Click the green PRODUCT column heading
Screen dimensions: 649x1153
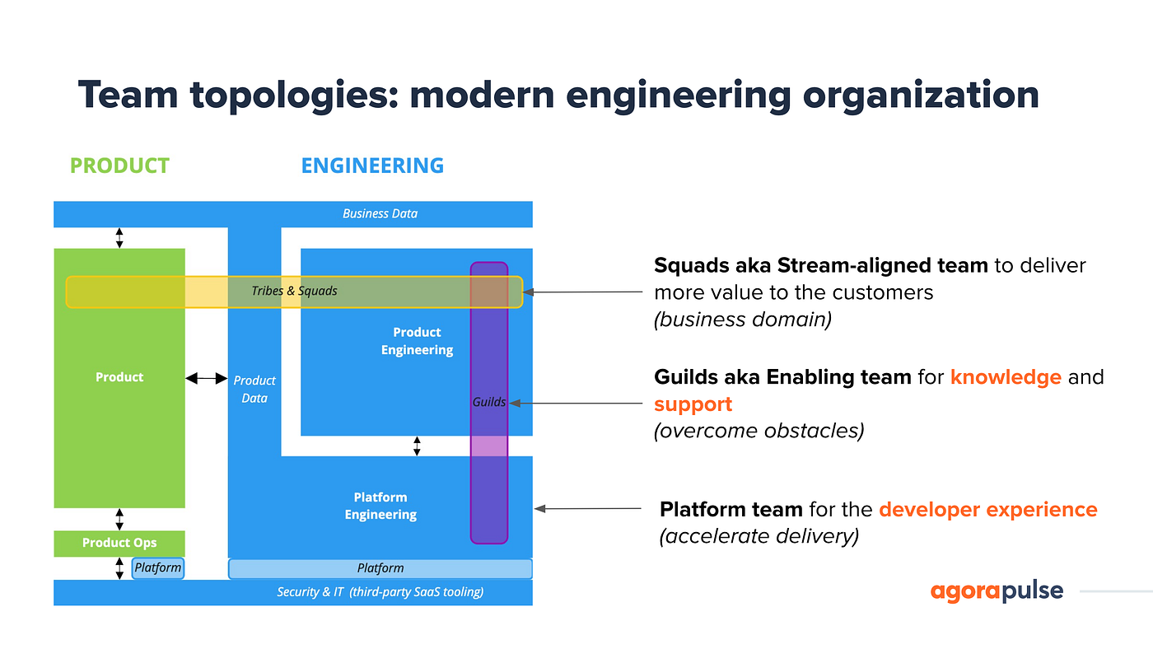(119, 166)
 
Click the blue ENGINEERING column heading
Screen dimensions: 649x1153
(372, 166)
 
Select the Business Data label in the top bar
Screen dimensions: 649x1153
(380, 213)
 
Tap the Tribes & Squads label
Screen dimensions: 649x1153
(294, 291)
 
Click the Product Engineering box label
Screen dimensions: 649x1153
(417, 341)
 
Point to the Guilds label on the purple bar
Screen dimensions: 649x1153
(489, 402)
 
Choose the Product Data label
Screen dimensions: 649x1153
(254, 389)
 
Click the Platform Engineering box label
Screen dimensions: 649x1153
(380, 506)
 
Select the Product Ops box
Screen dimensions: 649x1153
(119, 543)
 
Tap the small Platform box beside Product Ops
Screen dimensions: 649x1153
(157, 567)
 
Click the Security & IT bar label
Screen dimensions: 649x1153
(380, 592)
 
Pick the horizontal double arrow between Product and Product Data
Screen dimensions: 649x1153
(206, 378)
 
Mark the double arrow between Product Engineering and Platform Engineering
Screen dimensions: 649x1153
(417, 446)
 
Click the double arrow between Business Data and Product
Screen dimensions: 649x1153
(119, 237)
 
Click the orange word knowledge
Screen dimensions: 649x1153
(1006, 377)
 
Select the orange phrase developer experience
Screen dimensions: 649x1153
(987, 509)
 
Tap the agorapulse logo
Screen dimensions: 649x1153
(997, 591)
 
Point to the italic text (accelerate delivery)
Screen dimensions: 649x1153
(759, 536)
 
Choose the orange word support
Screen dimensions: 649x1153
(693, 404)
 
